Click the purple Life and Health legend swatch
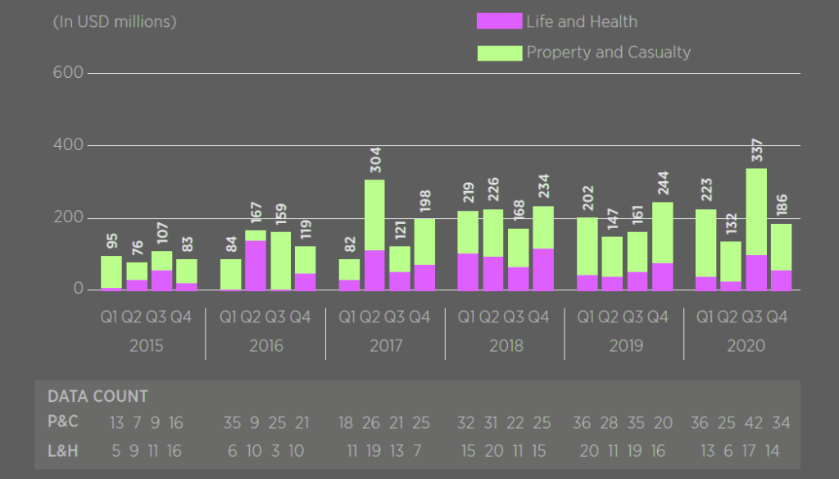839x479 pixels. coord(499,22)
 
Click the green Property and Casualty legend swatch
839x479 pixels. coord(499,52)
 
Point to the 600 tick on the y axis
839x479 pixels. coord(69,73)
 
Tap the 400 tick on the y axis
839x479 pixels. coord(69,145)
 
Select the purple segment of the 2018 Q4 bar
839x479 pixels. coord(542,270)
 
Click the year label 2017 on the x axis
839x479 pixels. coord(386,345)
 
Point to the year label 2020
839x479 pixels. coord(746,345)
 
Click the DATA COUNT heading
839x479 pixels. coord(98,397)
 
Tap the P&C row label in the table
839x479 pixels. coord(64,423)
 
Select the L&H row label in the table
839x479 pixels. coord(64,450)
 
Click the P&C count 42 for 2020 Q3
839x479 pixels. coord(753,423)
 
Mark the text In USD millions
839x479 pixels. coord(115,22)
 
